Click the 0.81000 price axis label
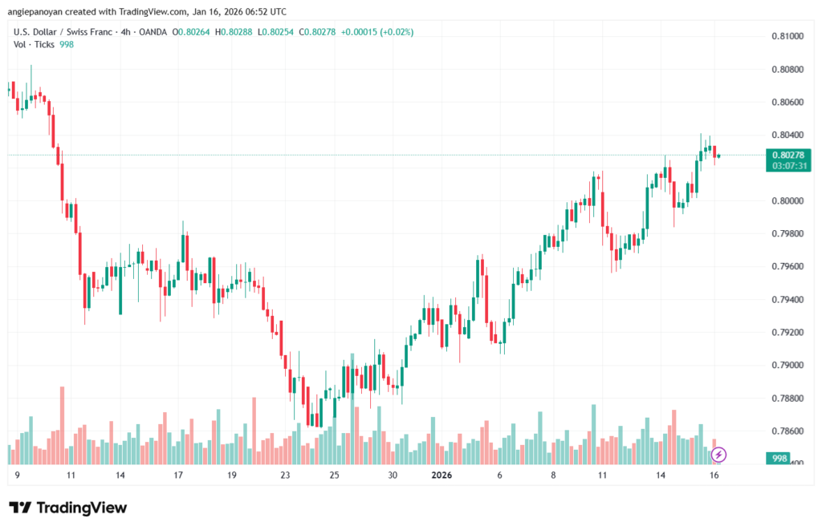tap(787, 36)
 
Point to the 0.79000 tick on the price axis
tap(787, 365)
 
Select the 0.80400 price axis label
tap(787, 135)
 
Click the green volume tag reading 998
tap(778, 458)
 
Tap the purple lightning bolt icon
tap(719, 455)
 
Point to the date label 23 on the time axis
tap(284, 475)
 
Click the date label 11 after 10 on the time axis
tap(602, 475)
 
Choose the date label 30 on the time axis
tap(393, 475)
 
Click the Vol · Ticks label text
tap(35, 46)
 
